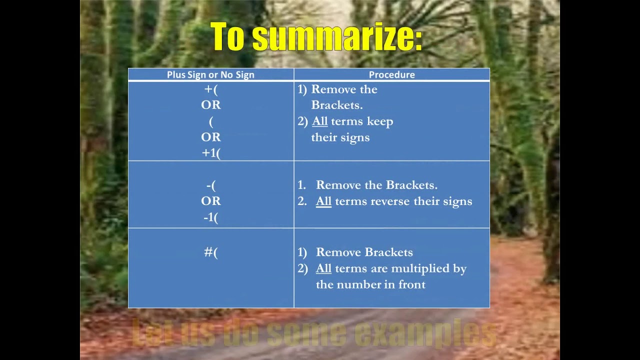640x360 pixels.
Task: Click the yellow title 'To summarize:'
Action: (316, 37)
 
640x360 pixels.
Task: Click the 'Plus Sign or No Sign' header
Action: (210, 75)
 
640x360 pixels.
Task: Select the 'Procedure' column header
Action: (391, 75)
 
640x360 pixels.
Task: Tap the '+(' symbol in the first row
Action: (210, 89)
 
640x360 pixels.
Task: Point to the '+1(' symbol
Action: (210, 153)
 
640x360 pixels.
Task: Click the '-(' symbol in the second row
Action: (210, 185)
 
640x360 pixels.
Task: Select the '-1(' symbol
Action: (210, 218)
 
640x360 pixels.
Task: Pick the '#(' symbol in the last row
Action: (210, 252)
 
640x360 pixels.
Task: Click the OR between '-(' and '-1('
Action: (210, 201)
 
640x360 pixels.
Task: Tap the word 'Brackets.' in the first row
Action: (336, 105)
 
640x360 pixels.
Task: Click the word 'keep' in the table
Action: (380, 121)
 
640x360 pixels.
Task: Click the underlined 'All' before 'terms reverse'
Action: (323, 201)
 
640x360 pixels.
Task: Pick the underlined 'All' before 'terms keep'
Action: (319, 121)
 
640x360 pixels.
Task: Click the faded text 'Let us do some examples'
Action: (314, 334)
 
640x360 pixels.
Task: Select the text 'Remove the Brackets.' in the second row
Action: (376, 185)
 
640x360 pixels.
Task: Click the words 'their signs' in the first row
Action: (340, 137)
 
